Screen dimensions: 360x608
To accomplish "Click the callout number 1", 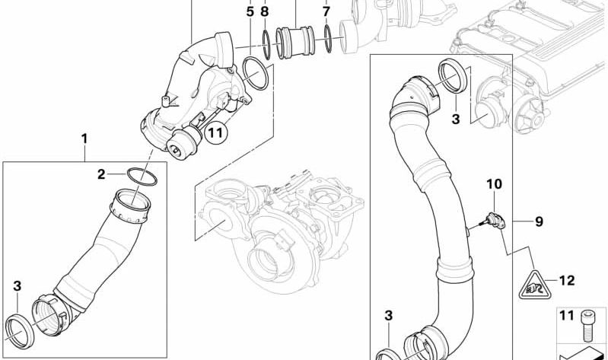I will [x=84, y=139].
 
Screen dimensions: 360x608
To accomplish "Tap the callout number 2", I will [x=101, y=174].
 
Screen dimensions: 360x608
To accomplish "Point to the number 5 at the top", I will [x=250, y=11].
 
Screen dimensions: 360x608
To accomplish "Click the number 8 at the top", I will [x=264, y=11].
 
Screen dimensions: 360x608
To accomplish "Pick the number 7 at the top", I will [x=326, y=11].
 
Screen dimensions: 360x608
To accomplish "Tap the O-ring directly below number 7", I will [x=327, y=40].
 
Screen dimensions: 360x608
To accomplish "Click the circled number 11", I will [x=215, y=132].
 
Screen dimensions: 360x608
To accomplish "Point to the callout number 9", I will [x=539, y=222].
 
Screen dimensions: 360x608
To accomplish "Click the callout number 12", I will [x=566, y=280].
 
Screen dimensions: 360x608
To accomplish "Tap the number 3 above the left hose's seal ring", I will [x=18, y=286].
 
